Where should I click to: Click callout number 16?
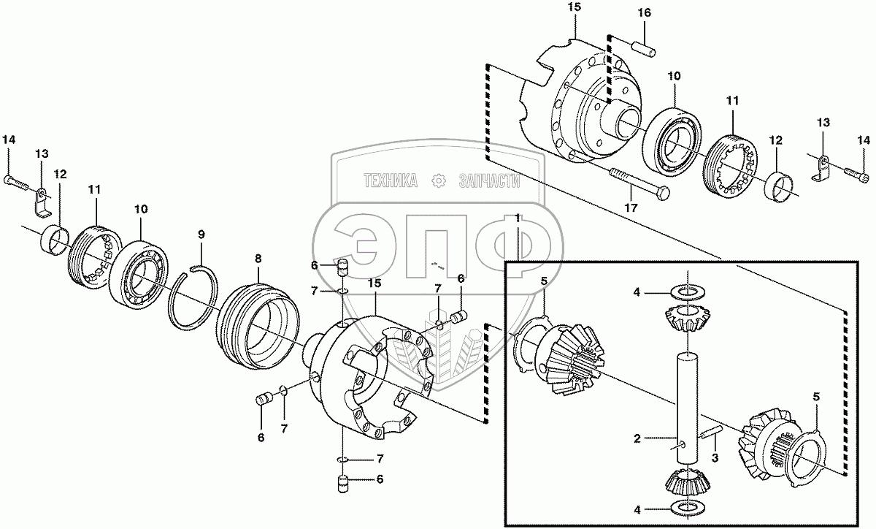(x=645, y=13)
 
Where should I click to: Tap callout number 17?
(x=631, y=208)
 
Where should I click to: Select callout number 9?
(x=201, y=235)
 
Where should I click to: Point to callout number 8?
(x=258, y=259)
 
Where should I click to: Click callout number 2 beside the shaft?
(x=637, y=439)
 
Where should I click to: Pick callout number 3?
(x=715, y=457)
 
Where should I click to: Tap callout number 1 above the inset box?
(x=518, y=218)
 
